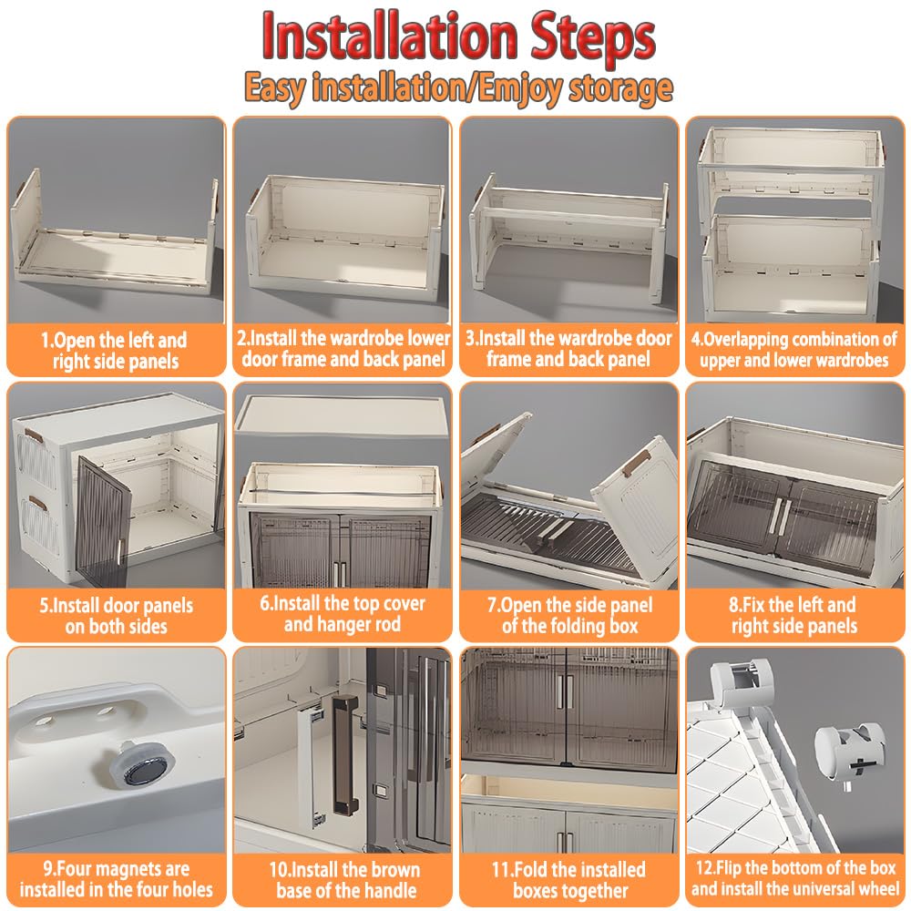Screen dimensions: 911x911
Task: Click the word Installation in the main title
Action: tap(389, 36)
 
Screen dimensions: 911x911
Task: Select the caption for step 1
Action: tap(115, 351)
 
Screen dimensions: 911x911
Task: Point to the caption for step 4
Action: tap(794, 350)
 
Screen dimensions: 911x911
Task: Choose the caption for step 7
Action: tap(569, 615)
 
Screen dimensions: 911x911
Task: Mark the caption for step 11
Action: tap(568, 880)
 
